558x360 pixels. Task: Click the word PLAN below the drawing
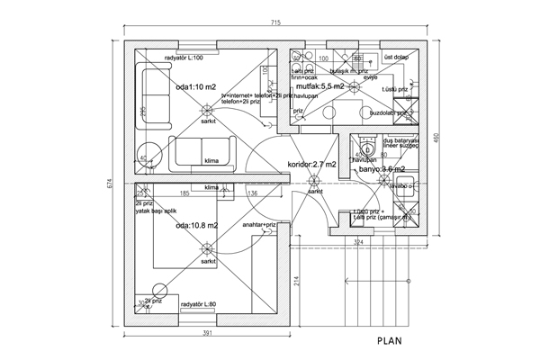coord(394,341)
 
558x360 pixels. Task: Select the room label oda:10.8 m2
coord(196,226)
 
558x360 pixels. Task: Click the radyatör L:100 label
coord(184,58)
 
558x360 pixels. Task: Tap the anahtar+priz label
coord(260,225)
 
